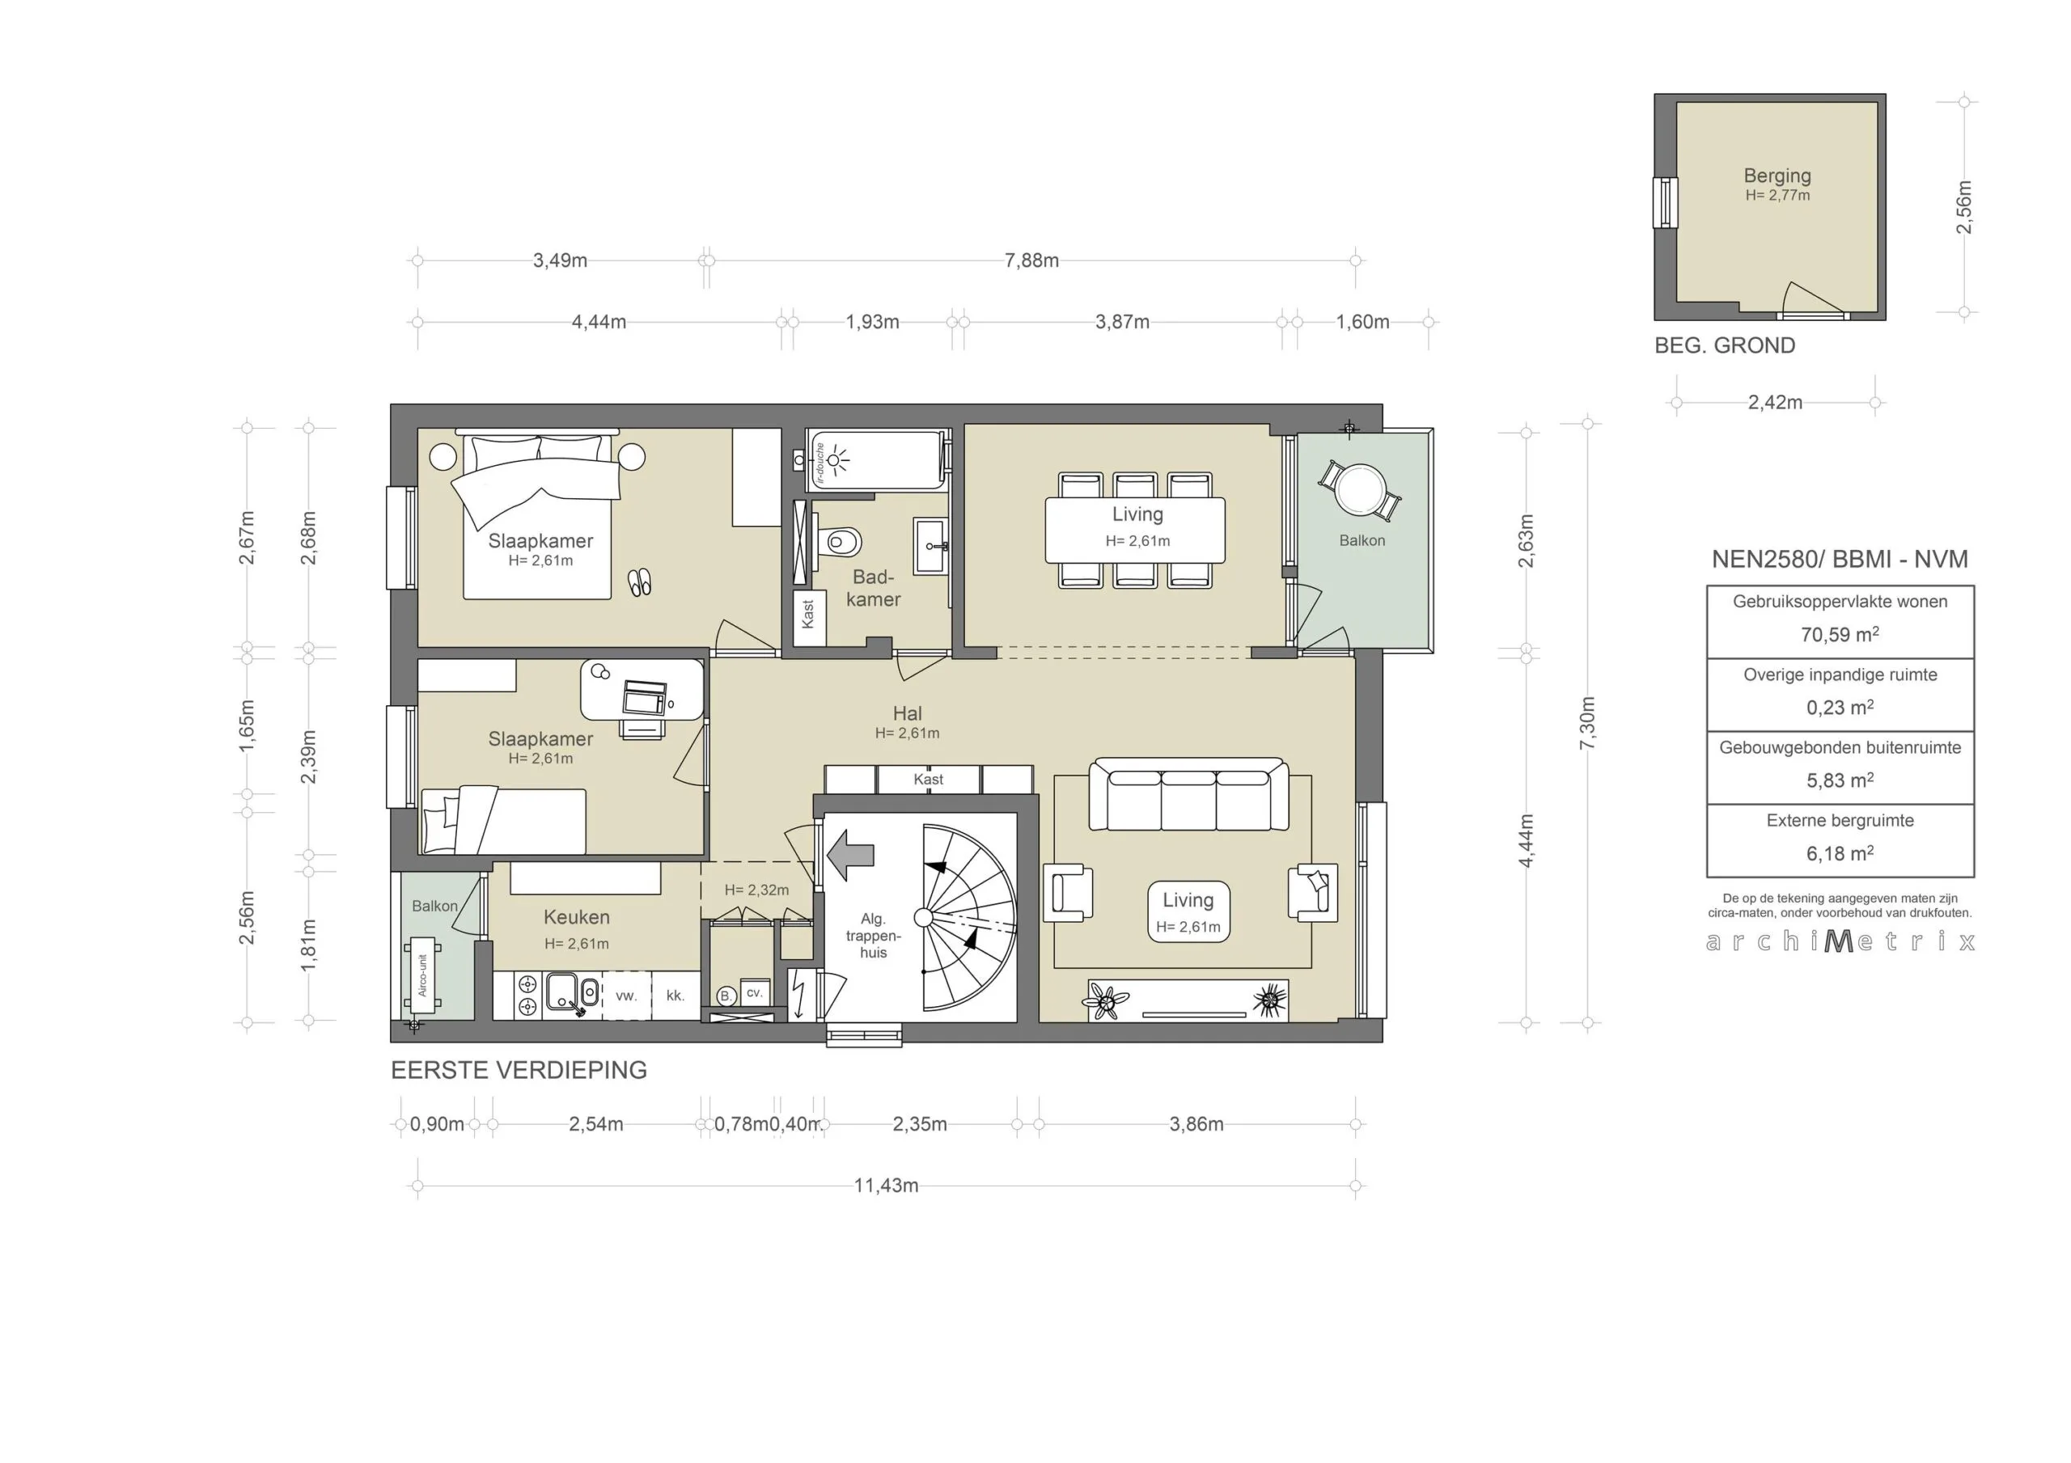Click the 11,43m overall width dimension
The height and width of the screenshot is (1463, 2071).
(886, 1185)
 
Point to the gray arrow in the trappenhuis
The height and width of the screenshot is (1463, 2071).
(850, 855)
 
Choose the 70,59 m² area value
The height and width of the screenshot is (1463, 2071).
(1839, 634)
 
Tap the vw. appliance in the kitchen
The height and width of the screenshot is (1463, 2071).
(626, 996)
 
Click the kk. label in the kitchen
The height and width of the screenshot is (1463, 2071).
(676, 996)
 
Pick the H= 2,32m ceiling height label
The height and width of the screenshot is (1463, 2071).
(756, 890)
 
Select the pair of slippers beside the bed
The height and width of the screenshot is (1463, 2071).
(640, 582)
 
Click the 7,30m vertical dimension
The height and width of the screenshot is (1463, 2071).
(1587, 722)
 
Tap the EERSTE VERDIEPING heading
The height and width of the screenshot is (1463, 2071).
(519, 1070)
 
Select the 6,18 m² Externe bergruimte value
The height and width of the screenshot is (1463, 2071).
(1839, 853)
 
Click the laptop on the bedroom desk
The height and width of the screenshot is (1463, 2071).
(645, 697)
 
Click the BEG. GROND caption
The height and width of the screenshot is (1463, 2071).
(1724, 345)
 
